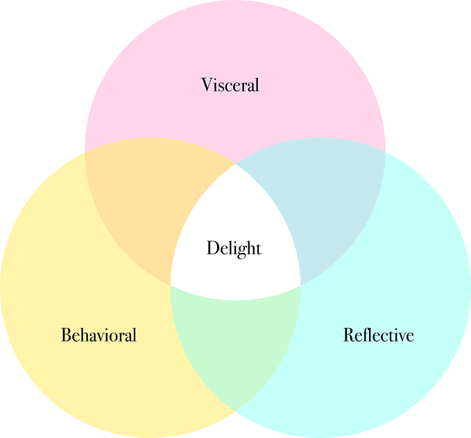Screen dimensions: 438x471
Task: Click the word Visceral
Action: coord(230,85)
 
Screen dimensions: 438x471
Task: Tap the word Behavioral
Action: coord(99,335)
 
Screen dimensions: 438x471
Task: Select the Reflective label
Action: coord(378,335)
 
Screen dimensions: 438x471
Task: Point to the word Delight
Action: coord(234,247)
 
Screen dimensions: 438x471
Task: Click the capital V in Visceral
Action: coord(207,85)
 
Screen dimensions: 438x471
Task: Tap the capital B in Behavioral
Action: coord(66,335)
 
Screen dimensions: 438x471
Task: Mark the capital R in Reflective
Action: coord(349,335)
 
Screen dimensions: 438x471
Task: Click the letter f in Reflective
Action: coord(364,335)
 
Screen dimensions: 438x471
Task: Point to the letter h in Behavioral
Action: coord(83,335)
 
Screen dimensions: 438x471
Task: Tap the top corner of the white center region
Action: coord(235,164)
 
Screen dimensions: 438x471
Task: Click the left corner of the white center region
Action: coord(170,284)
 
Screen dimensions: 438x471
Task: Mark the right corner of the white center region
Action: coord(301,284)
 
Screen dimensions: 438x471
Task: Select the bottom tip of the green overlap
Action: coord(235,410)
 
